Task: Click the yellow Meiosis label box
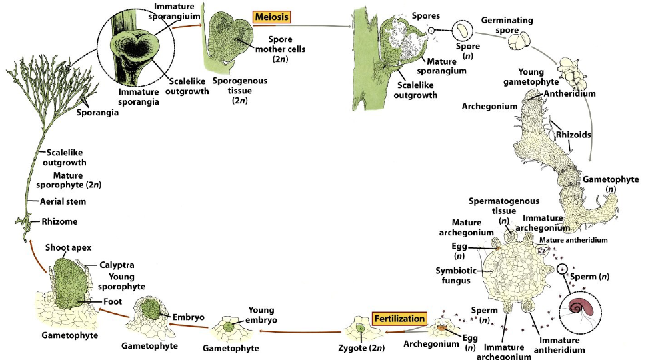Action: tap(274, 16)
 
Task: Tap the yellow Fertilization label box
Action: tap(399, 319)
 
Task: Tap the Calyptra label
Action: tap(116, 265)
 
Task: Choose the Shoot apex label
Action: tap(68, 248)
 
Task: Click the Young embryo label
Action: tap(261, 315)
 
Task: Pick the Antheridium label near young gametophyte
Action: tap(571, 94)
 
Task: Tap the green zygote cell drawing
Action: tap(361, 329)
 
